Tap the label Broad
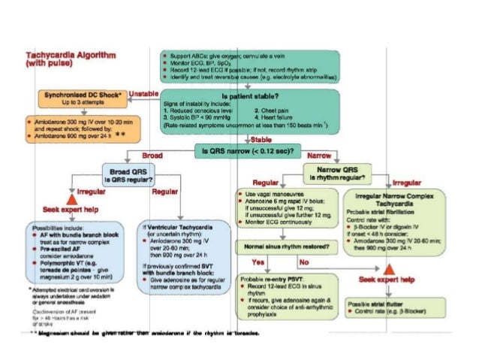click(x=152, y=155)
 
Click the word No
click(x=304, y=262)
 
